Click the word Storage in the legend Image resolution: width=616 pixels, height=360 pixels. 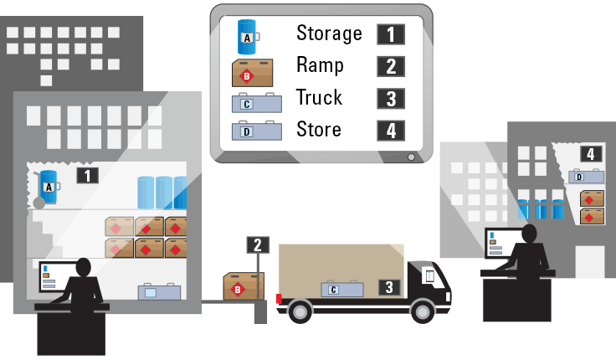(329, 33)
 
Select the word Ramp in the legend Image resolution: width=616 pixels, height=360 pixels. (320, 65)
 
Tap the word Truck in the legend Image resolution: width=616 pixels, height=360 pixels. (320, 97)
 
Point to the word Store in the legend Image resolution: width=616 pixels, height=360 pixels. (319, 129)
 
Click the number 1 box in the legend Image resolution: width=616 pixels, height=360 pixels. (391, 34)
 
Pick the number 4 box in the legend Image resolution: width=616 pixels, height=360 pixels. (391, 131)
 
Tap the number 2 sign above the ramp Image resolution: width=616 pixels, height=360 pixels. (258, 244)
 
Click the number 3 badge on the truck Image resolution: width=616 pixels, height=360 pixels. (388, 286)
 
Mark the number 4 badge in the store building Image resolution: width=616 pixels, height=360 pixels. (591, 154)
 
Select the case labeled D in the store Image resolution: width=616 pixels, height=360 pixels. (587, 176)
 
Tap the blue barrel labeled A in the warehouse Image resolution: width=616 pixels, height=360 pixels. (49, 185)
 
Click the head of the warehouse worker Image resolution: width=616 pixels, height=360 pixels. (84, 267)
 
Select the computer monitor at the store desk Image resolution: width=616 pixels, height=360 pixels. (497, 243)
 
